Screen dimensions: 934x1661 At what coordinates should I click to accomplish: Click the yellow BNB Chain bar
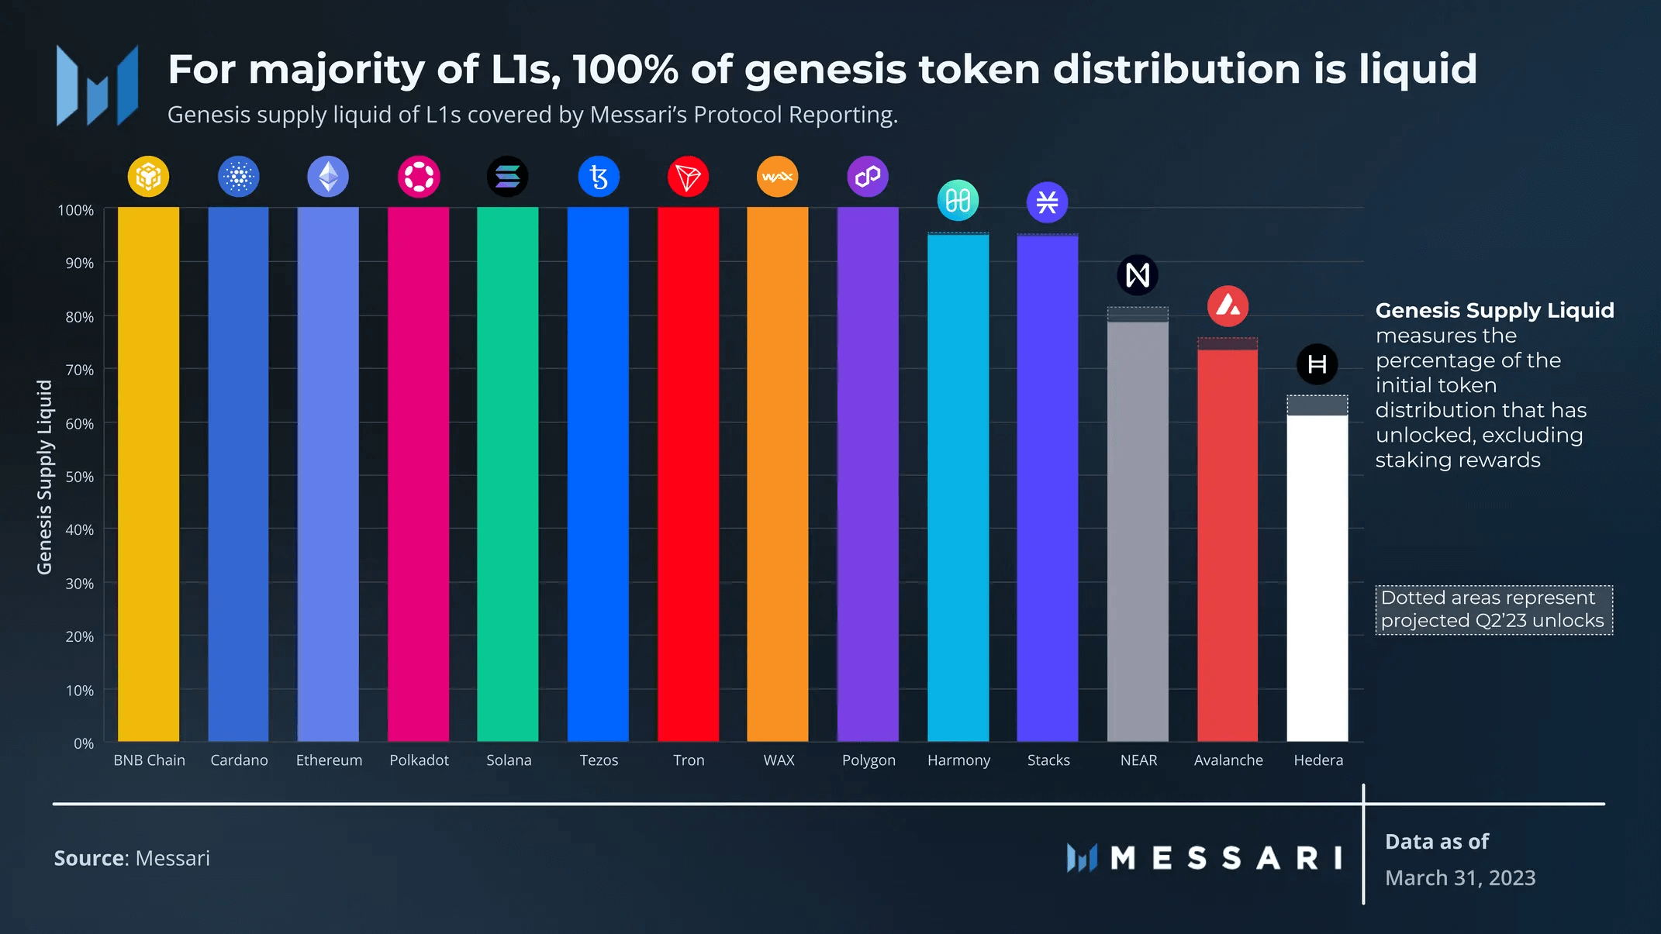(x=148, y=473)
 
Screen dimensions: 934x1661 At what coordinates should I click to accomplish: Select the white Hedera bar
(x=1317, y=577)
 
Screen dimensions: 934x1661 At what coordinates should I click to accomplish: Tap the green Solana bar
(x=507, y=473)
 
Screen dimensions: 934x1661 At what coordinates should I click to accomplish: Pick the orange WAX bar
(x=777, y=473)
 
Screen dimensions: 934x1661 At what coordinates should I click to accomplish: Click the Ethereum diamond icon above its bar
(x=328, y=177)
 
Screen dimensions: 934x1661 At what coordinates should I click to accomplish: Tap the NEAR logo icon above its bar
(x=1138, y=275)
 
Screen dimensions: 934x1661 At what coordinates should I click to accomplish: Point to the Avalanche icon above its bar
(x=1228, y=306)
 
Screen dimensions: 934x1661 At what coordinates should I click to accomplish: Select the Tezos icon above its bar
(x=599, y=177)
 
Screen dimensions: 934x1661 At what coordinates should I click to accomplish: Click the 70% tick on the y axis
(x=79, y=370)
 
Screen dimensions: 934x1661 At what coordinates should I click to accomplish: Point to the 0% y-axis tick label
(x=84, y=743)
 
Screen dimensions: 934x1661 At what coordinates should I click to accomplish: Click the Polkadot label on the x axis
(x=419, y=760)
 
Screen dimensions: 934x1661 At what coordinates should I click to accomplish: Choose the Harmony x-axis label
(x=958, y=760)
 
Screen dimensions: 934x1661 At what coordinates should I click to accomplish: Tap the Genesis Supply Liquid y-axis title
(x=45, y=477)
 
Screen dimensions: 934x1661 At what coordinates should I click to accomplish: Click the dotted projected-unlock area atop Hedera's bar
(x=1317, y=405)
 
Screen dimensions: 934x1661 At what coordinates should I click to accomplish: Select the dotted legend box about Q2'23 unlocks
(x=1494, y=610)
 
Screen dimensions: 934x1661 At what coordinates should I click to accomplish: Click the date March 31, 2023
(x=1460, y=877)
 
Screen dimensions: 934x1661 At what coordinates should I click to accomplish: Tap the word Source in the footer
(x=88, y=858)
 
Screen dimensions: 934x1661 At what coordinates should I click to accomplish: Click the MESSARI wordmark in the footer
(x=1225, y=858)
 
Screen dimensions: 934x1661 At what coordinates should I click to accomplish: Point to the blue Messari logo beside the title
(x=98, y=85)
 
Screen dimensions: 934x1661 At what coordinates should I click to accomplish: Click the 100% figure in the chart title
(x=624, y=70)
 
